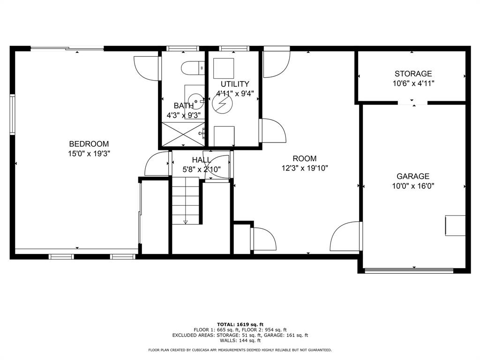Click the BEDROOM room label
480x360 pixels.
(x=89, y=144)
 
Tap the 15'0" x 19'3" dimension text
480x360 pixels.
(x=89, y=153)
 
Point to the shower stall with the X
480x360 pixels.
(x=183, y=134)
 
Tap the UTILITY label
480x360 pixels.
(x=235, y=84)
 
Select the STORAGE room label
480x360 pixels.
(x=413, y=74)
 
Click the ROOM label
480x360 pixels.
(x=305, y=158)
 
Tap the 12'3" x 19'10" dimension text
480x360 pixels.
(x=305, y=168)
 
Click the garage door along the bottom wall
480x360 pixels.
(x=409, y=270)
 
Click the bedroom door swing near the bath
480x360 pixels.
(x=146, y=67)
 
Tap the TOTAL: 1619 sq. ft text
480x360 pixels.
(x=240, y=324)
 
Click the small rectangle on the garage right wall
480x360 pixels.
(x=455, y=225)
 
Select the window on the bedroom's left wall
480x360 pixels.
(x=13, y=115)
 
